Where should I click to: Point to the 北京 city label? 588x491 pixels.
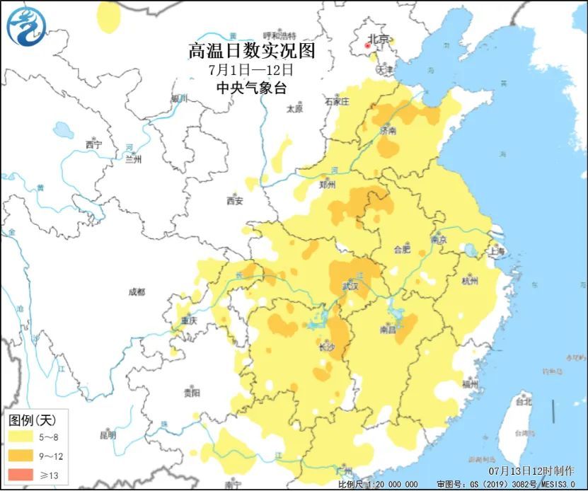click(379, 40)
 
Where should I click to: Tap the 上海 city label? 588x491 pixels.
click(497, 251)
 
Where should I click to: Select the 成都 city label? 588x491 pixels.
click(136, 291)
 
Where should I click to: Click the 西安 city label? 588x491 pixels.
click(235, 201)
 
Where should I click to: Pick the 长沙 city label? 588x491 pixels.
click(327, 347)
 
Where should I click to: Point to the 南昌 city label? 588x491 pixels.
click(387, 330)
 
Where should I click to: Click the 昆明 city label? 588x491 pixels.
click(108, 435)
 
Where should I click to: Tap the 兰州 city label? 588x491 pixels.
click(132, 159)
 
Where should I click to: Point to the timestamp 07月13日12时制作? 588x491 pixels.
click(531, 470)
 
